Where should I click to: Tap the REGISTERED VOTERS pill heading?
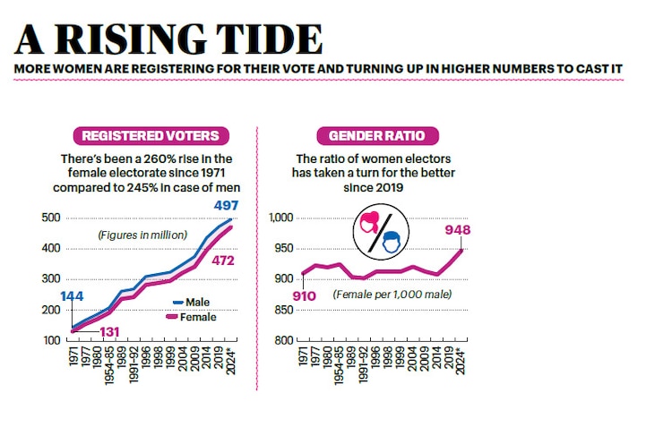point(151,136)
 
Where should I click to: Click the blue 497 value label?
point(225,206)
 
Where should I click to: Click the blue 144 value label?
point(73,296)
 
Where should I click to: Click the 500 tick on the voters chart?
point(51,218)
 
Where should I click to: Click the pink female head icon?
point(371,224)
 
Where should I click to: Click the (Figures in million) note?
point(142,235)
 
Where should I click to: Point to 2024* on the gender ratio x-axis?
point(461,358)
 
